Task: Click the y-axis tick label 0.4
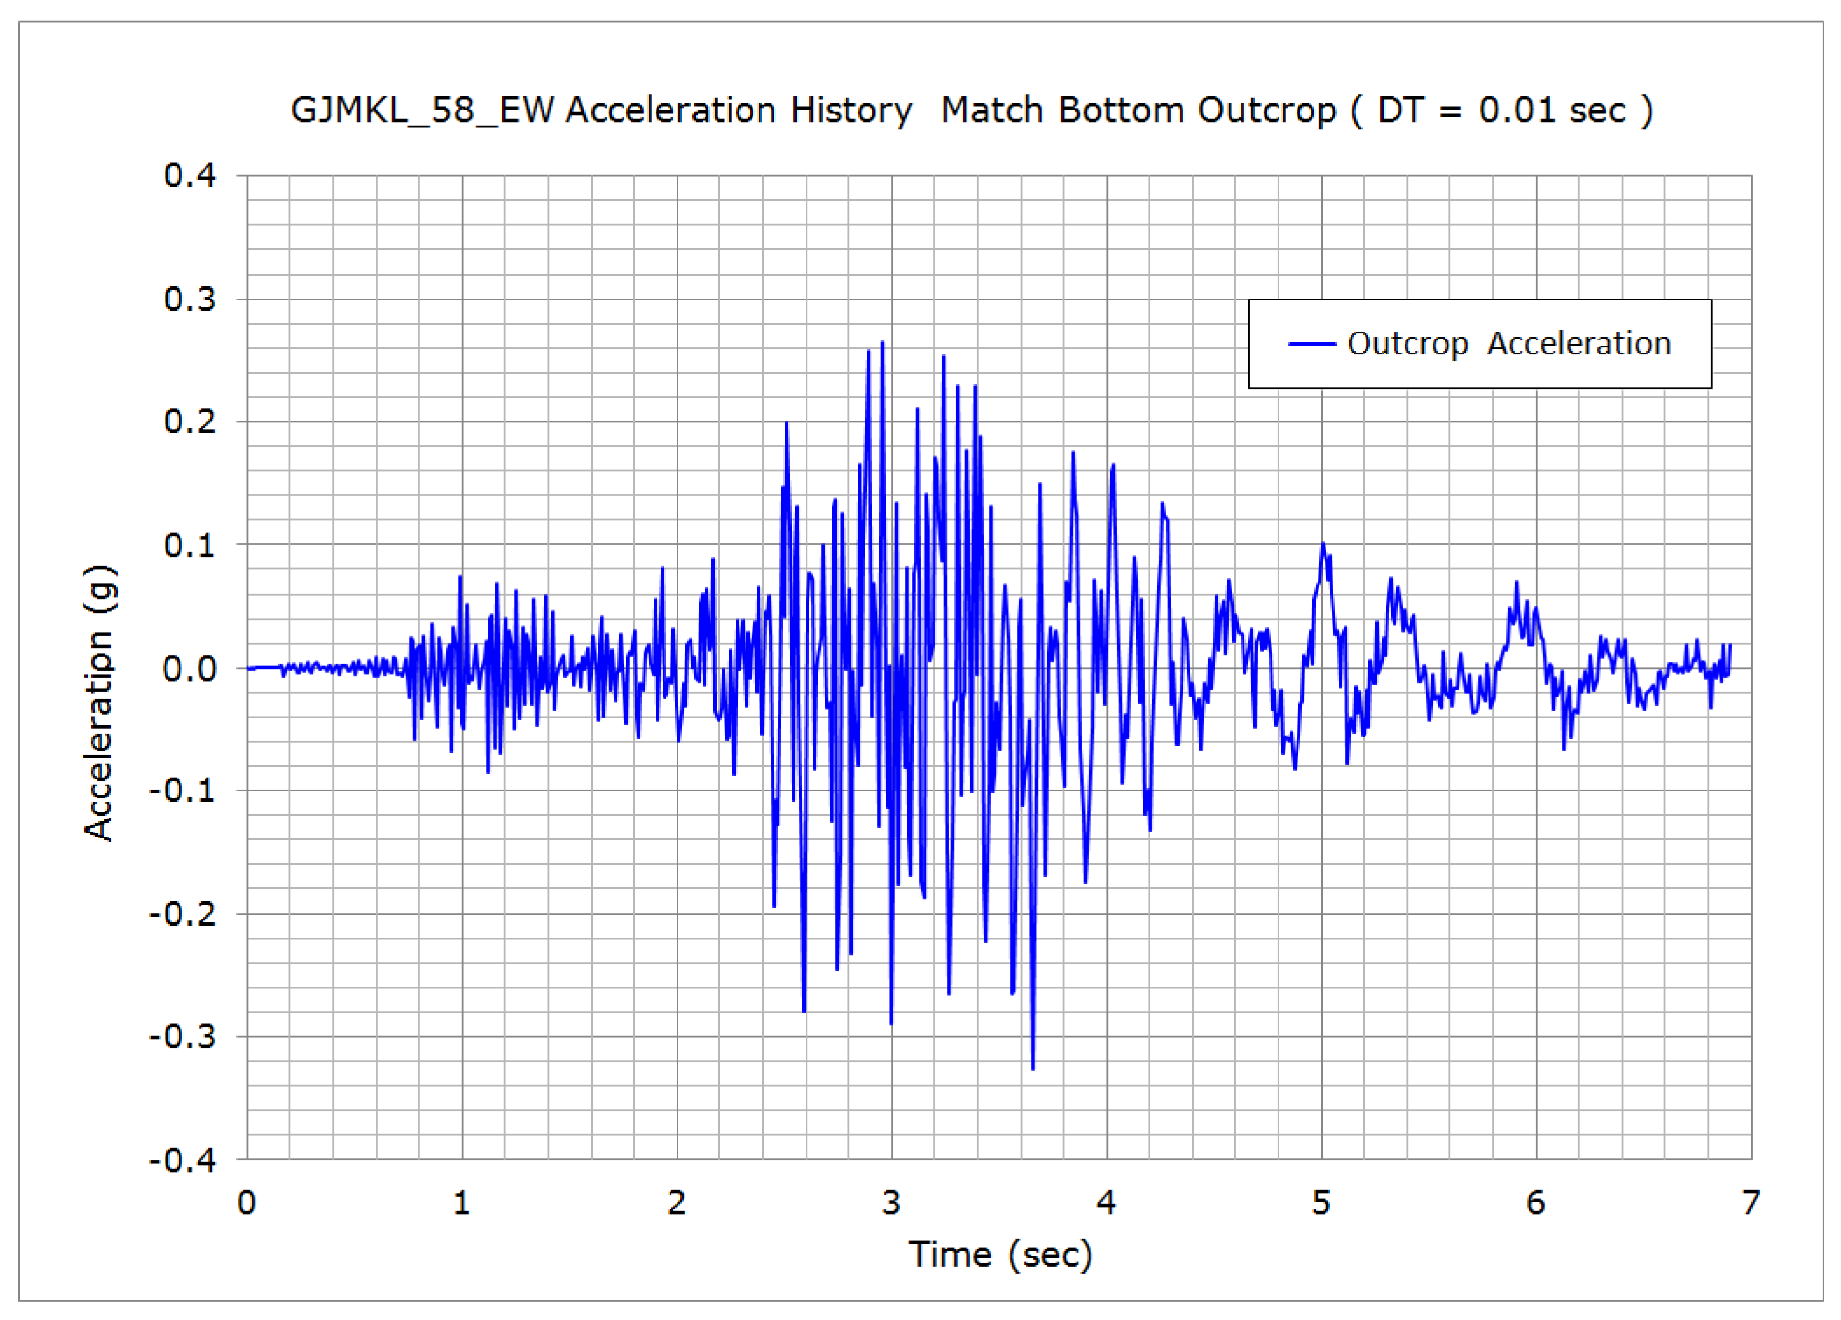click(190, 175)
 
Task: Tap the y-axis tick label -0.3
click(183, 1037)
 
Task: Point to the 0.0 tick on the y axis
click(190, 669)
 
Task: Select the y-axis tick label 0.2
click(190, 421)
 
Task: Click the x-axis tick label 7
click(1751, 1202)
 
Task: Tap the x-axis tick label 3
click(891, 1202)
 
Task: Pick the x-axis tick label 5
click(1321, 1202)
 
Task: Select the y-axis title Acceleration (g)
click(100, 703)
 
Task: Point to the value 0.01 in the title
click(1516, 110)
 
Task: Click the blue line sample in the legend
click(1312, 344)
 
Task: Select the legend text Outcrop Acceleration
click(1509, 344)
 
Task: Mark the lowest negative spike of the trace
click(1032, 1069)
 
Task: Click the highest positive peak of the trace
click(882, 342)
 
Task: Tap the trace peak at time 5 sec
click(1323, 543)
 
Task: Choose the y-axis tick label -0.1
click(183, 789)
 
